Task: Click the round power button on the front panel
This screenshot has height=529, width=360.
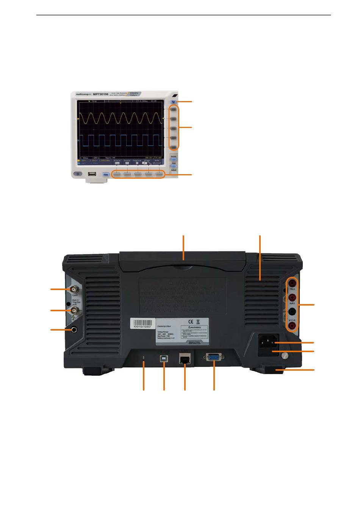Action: pos(78,174)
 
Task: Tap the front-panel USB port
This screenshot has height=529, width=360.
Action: pos(92,174)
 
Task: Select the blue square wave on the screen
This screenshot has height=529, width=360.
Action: pos(120,140)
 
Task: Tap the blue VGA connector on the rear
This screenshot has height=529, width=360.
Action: pos(213,357)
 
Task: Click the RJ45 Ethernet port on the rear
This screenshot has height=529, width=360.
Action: pos(185,358)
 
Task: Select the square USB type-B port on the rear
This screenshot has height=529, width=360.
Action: pos(164,358)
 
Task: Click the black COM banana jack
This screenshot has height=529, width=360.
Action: pos(292,312)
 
